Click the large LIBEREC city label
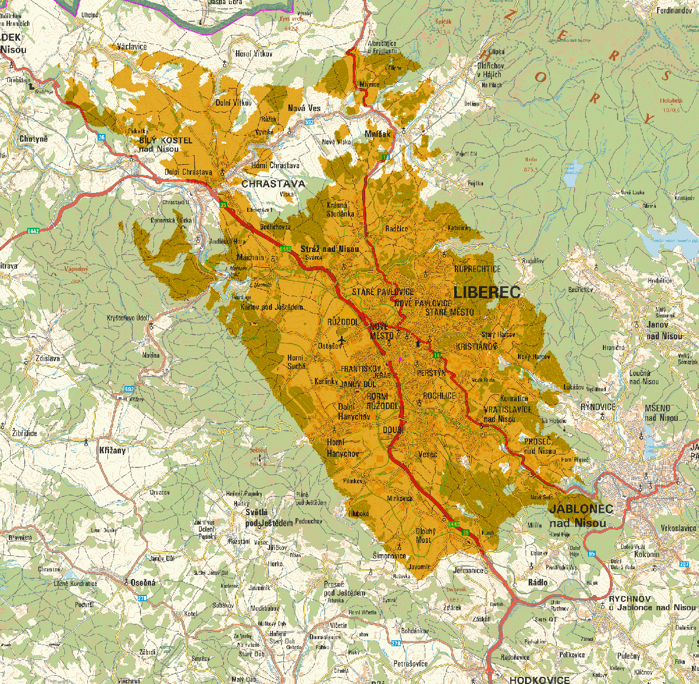coord(487,292)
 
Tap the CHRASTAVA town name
coord(273,184)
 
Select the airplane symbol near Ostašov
coord(342,339)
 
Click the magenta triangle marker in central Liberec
coord(401,359)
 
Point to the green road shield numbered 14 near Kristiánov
coord(436,355)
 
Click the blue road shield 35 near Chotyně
coord(102,137)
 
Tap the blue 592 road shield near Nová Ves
coord(310,122)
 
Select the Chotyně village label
coord(33,139)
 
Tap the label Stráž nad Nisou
coord(329,249)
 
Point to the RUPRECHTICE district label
coord(477,269)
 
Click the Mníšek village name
coord(378,134)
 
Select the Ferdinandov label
coord(674,11)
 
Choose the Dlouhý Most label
coord(424,535)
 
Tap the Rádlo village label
coord(537,582)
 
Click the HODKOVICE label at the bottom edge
coord(539,680)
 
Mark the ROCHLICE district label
coord(439,395)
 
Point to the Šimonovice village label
coord(389,556)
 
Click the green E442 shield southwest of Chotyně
coord(32,231)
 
